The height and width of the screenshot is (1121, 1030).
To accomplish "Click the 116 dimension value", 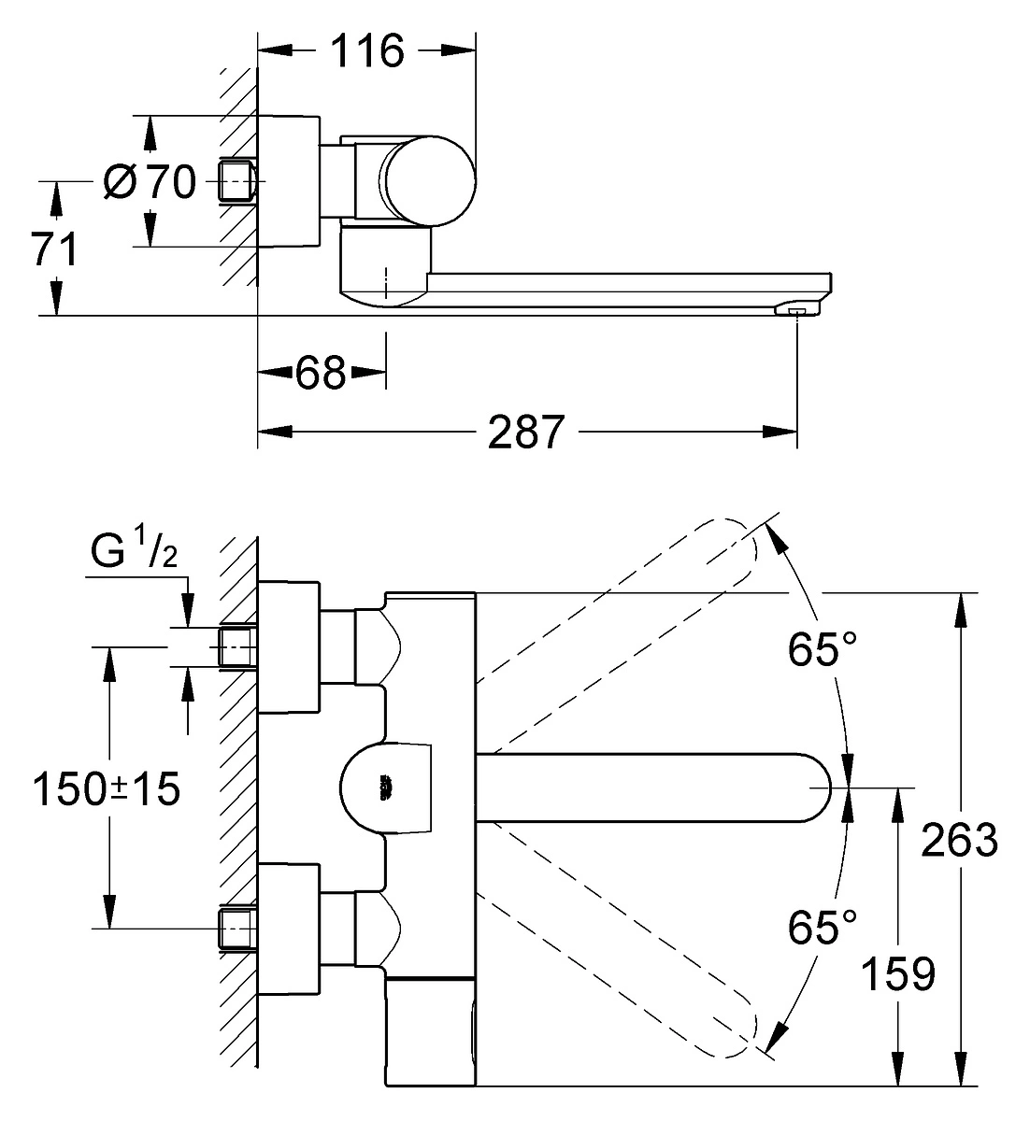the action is [367, 50].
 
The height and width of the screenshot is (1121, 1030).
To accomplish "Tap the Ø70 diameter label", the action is [150, 181].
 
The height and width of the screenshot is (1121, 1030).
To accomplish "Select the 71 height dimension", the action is [54, 249].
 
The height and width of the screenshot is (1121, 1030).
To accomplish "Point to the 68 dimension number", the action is [321, 372].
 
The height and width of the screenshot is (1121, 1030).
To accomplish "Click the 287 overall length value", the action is [526, 432].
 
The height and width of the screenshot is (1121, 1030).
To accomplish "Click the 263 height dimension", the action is [959, 840].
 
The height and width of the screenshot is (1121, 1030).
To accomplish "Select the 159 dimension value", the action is [898, 974].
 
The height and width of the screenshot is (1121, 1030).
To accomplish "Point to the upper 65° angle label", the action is [822, 649].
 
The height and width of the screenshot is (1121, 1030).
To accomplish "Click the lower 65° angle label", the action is [822, 927].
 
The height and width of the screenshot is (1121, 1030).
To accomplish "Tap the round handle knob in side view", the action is [427, 181].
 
